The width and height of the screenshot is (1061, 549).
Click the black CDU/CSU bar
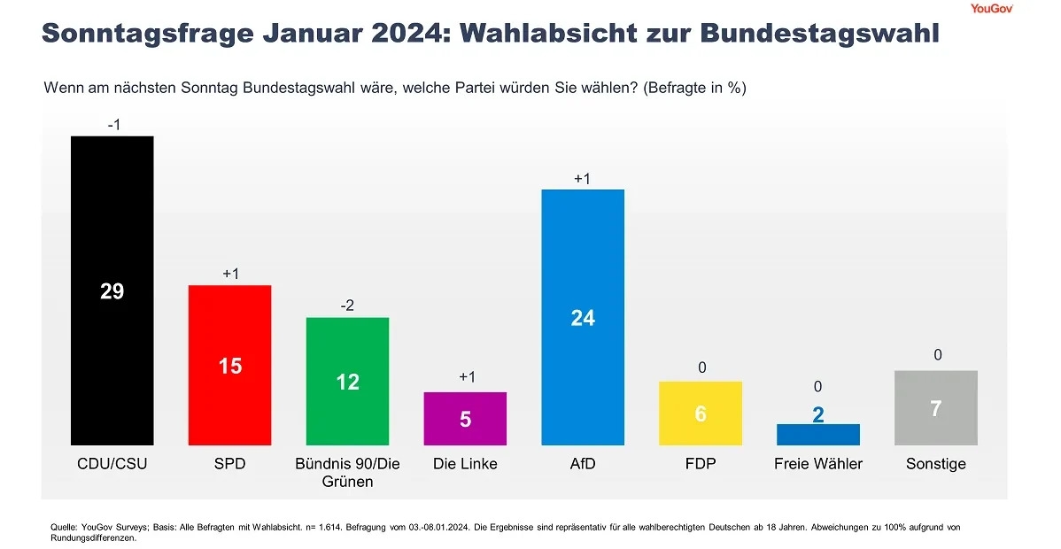[112, 221]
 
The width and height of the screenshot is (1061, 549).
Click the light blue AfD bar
[583, 266]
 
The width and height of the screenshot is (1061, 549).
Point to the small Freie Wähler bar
[817, 435]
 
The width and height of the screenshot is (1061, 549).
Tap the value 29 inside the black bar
[112, 291]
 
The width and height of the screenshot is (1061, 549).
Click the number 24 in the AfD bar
[583, 318]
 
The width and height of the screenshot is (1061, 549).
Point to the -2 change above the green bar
[347, 305]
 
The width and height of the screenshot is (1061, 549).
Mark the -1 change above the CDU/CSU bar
[113, 125]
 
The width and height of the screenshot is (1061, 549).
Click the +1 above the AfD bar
[582, 179]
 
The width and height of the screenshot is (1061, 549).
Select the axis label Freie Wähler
[817, 464]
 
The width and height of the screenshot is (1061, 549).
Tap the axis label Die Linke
[465, 464]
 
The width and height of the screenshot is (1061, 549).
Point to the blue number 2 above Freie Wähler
[818, 414]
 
